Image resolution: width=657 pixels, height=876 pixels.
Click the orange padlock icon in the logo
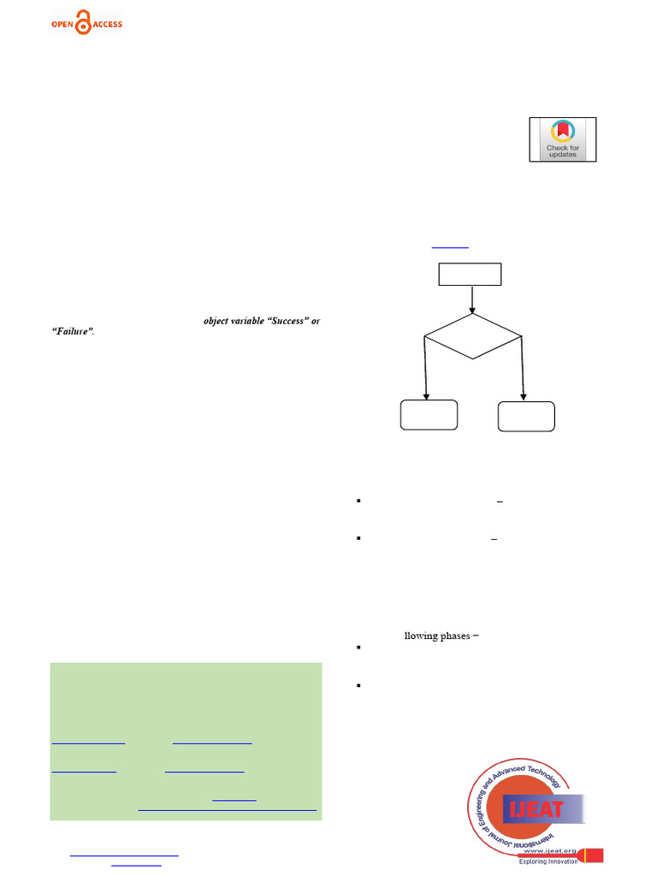tap(83, 22)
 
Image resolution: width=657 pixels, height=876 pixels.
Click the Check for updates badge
tap(562, 139)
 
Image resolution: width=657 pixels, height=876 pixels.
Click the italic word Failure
tap(73, 332)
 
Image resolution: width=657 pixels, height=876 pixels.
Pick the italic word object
tap(217, 322)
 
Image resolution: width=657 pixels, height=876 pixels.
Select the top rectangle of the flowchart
tap(470, 274)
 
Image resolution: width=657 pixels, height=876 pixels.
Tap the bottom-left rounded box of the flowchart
tap(429, 415)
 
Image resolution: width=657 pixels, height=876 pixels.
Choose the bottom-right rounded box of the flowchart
tap(526, 416)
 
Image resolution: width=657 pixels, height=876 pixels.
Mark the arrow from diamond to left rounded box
tap(426, 368)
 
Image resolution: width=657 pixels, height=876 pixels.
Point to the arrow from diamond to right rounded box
tap(523, 368)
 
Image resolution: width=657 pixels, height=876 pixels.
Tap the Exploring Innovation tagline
tap(548, 861)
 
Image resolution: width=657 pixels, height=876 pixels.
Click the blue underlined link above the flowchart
tap(450, 246)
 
